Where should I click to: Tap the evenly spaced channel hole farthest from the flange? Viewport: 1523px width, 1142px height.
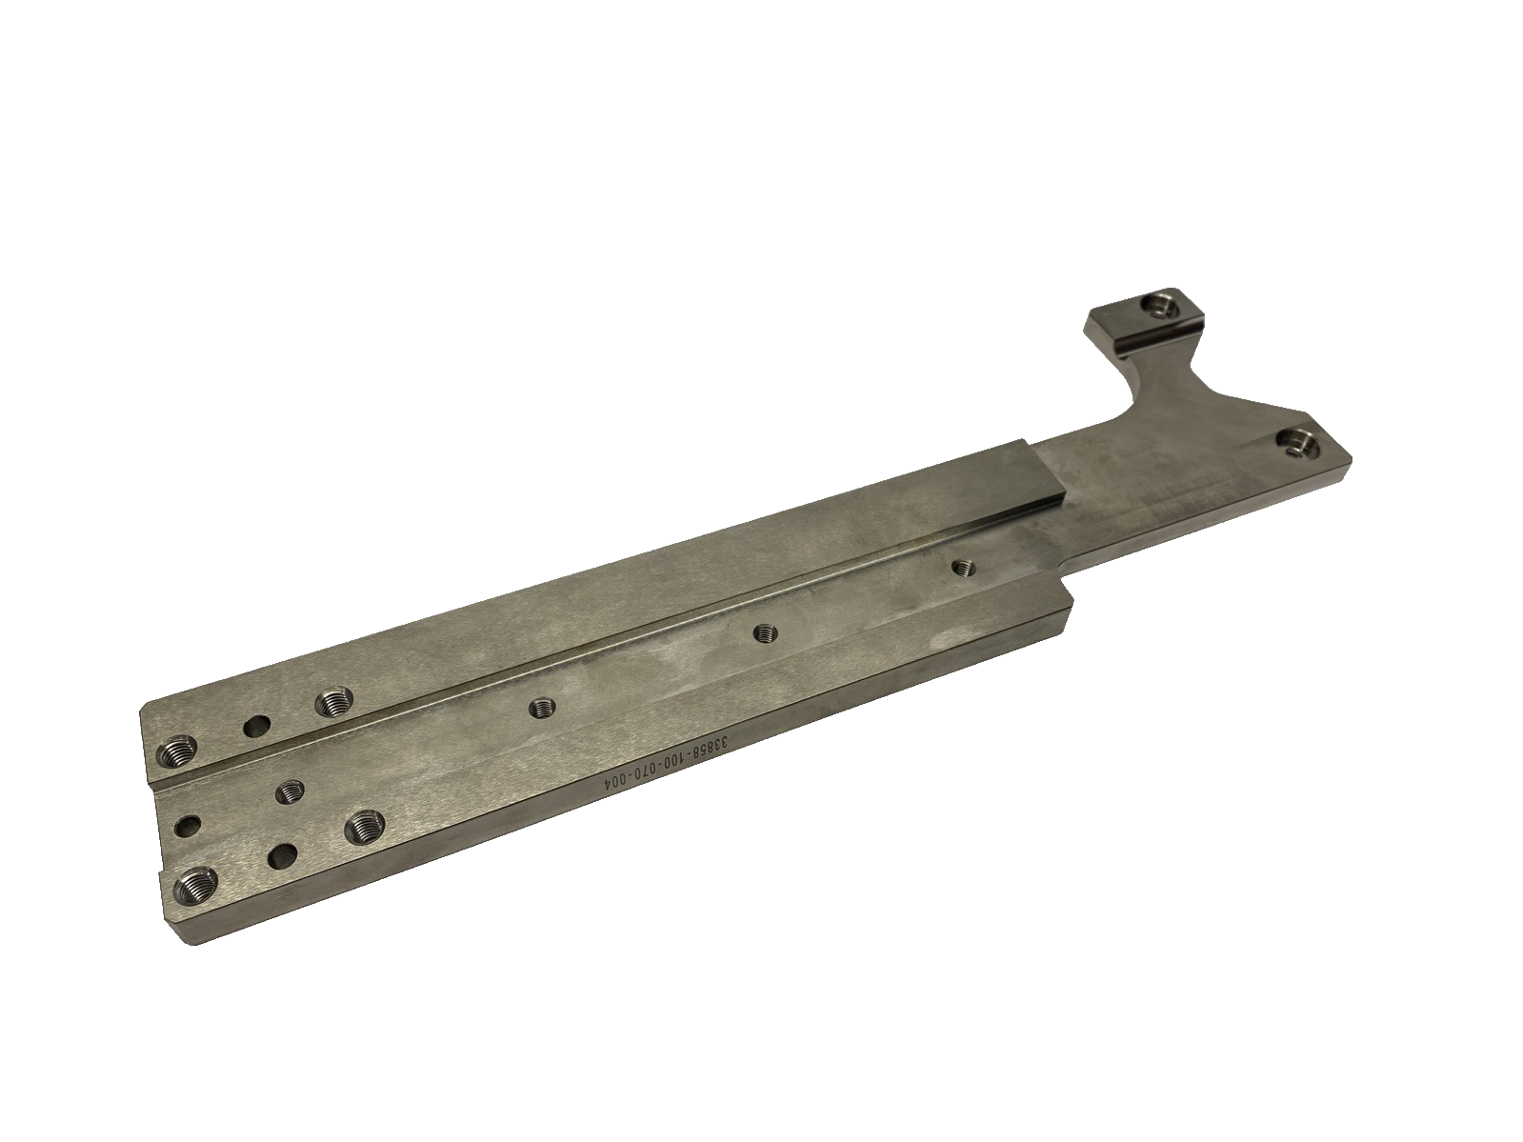(543, 706)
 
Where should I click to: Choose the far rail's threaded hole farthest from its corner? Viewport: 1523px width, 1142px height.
(332, 704)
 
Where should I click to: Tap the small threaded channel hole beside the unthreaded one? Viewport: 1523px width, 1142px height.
(289, 791)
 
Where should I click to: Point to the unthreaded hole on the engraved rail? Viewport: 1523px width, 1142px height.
(282, 857)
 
